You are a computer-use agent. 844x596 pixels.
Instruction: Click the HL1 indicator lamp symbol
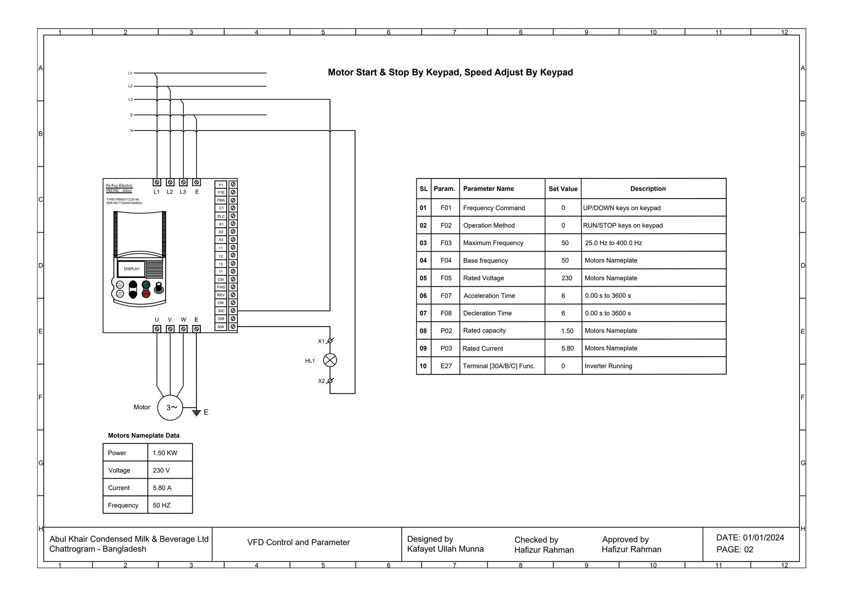pyautogui.click(x=330, y=360)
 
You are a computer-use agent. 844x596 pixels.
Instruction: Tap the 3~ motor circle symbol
pyautogui.click(x=170, y=407)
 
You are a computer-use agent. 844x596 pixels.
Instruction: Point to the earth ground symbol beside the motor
pyautogui.click(x=197, y=412)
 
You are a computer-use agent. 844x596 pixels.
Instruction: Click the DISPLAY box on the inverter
pyautogui.click(x=131, y=269)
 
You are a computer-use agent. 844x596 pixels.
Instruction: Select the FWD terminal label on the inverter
pyautogui.click(x=221, y=287)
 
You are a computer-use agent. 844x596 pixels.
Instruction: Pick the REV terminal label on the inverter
pyautogui.click(x=221, y=295)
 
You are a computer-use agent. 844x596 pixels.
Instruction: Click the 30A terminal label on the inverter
pyautogui.click(x=221, y=327)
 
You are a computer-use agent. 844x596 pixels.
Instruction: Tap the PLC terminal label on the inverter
pyautogui.click(x=221, y=216)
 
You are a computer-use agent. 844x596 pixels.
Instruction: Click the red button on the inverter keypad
pyautogui.click(x=146, y=294)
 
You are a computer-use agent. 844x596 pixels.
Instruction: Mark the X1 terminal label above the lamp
pyautogui.click(x=321, y=341)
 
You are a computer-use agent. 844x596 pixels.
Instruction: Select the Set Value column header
pyautogui.click(x=563, y=189)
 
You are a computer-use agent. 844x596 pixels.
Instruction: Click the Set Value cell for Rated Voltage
pyautogui.click(x=566, y=278)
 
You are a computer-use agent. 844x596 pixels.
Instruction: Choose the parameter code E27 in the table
pyautogui.click(x=446, y=366)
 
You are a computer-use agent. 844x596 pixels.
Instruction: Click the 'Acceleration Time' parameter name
pyautogui.click(x=489, y=296)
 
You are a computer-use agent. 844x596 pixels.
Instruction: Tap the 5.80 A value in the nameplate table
pyautogui.click(x=162, y=488)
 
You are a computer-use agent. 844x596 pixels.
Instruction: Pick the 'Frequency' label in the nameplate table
pyautogui.click(x=123, y=505)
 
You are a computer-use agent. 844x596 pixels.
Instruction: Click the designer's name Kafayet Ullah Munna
pyautogui.click(x=445, y=549)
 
